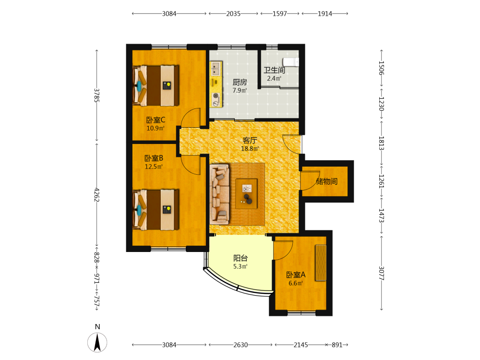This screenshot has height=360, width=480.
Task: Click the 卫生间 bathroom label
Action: [x=274, y=70]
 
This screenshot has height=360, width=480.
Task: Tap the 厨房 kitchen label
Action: [x=240, y=82]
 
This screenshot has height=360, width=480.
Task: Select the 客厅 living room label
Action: [x=250, y=140]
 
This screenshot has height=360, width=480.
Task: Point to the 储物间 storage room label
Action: [x=326, y=181]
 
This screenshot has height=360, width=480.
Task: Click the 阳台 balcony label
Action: [x=240, y=258]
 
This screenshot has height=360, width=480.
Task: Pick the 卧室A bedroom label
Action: [x=296, y=275]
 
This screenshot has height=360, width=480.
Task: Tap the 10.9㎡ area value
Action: [x=156, y=128]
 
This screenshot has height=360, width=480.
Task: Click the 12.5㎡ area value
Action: [x=154, y=167]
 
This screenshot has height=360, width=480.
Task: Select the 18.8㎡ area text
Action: [x=250, y=148]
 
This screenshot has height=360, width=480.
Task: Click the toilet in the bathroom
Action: [x=290, y=61]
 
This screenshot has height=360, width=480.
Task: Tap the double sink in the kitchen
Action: [x=216, y=69]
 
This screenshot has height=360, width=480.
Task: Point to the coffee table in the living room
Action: [x=246, y=194]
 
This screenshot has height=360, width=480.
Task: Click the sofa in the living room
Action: [x=219, y=194]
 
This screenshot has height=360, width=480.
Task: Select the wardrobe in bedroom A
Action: [x=321, y=263]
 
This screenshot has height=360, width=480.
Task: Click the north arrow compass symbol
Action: [x=97, y=342]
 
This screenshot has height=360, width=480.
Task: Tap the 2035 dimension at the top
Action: [x=233, y=13]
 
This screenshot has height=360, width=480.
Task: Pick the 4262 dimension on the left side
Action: [x=97, y=195]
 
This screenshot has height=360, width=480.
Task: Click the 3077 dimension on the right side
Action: [x=382, y=273]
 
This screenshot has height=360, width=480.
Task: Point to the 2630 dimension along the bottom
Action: [x=240, y=345]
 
